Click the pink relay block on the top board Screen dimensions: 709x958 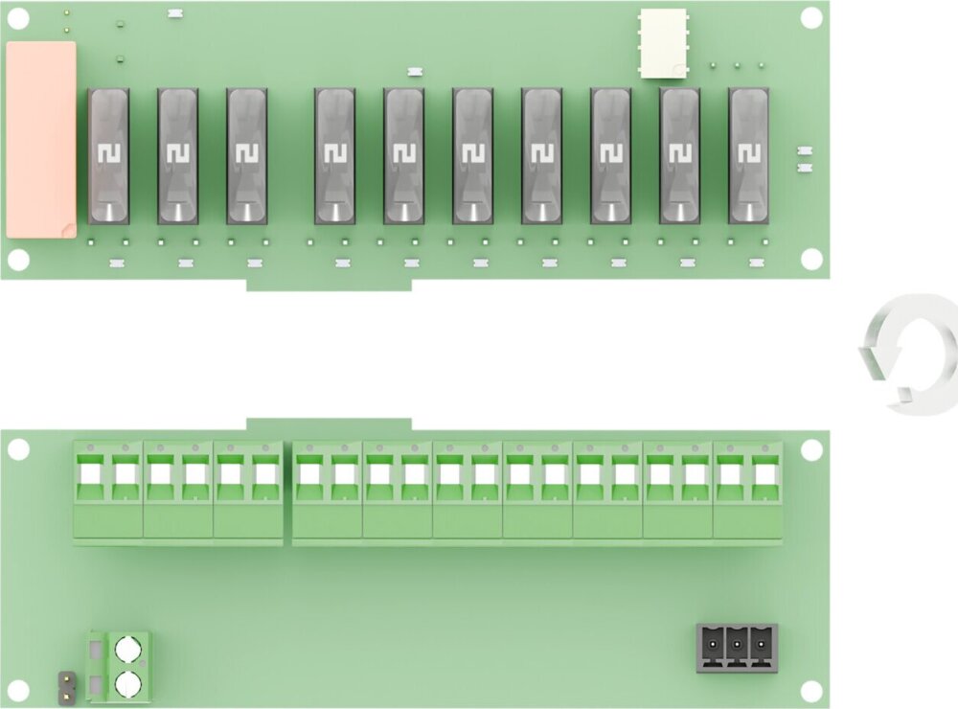pos(41,140)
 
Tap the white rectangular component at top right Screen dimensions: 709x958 pos(665,43)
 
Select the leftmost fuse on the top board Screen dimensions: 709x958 pos(108,156)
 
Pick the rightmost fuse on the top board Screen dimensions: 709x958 pos(748,156)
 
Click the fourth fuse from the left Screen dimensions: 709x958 pos(334,156)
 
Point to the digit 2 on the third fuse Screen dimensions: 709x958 pos(246,153)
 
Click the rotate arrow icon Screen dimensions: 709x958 pos(910,352)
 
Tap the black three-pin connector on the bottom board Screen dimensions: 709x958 pos(737,648)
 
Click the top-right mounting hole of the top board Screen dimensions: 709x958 pos(811,18)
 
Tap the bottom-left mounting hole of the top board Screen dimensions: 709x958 pos(19,259)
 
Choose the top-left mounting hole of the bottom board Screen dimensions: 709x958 pos(19,448)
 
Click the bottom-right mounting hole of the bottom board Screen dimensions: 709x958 pos(811,690)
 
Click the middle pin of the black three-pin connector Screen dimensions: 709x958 pos(737,646)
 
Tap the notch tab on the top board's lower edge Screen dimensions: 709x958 pos(329,284)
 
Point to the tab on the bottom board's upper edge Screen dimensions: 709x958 pos(329,424)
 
